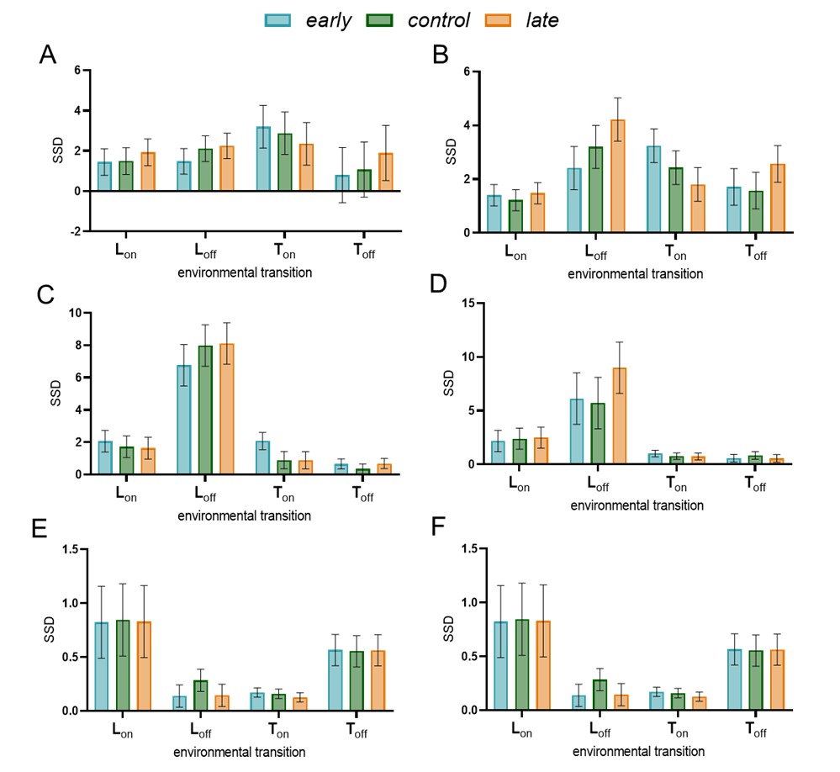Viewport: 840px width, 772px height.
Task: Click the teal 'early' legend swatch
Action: point(278,19)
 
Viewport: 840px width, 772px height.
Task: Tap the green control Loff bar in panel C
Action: point(205,410)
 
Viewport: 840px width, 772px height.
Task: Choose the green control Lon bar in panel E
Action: point(126,665)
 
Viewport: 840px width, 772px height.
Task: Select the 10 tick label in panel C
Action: point(72,313)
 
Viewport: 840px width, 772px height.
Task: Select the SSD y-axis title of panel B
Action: point(450,152)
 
